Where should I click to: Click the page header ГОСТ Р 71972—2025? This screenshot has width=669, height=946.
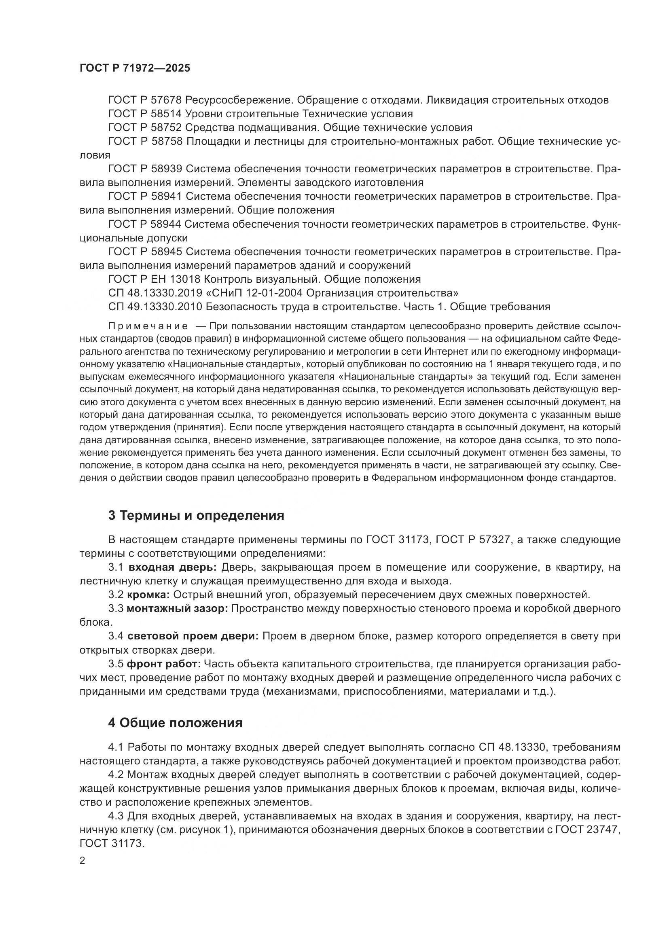coord(135,68)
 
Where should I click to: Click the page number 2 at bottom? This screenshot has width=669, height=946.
coord(83,860)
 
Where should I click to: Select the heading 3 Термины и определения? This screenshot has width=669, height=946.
coord(196,515)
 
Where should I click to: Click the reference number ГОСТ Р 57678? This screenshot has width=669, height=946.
coord(145,100)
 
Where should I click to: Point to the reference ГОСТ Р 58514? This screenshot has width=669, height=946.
coord(145,113)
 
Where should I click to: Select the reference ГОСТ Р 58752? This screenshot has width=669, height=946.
coord(145,127)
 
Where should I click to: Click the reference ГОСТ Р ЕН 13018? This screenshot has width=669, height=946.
coord(154,279)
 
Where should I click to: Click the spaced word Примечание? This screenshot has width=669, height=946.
coord(148,326)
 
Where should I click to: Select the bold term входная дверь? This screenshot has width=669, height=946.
coord(172,567)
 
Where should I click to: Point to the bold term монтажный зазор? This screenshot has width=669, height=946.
coord(177,608)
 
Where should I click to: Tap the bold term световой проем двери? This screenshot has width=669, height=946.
coord(193,636)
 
